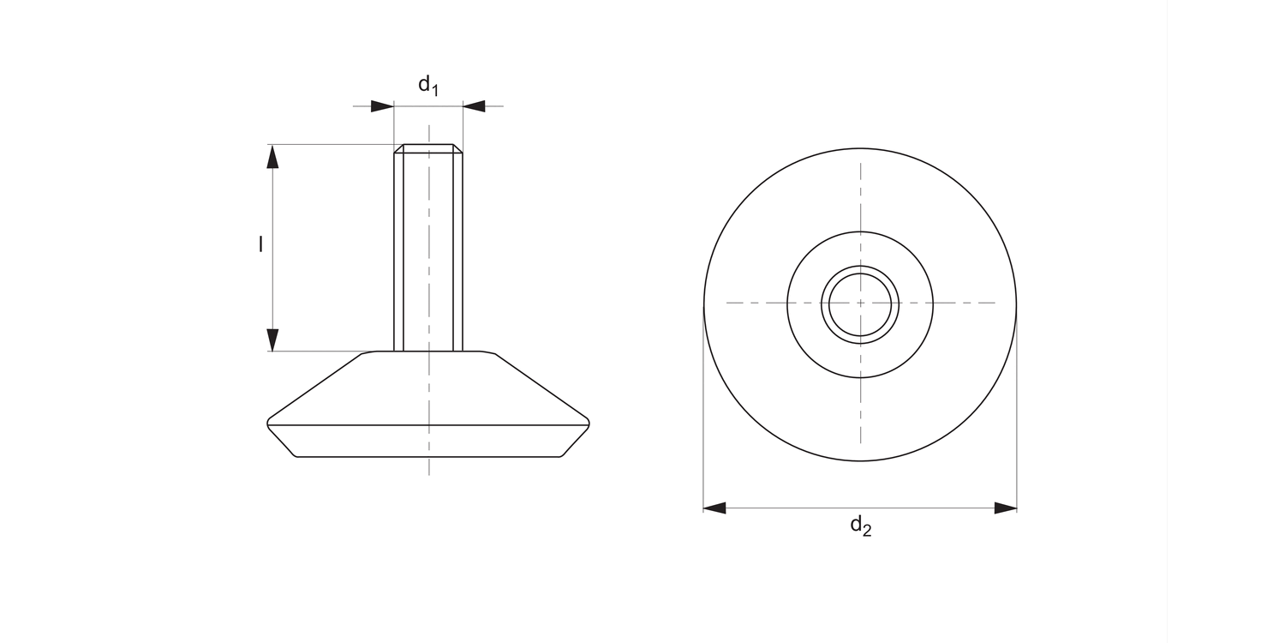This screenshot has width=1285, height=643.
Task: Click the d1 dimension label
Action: pos(428,86)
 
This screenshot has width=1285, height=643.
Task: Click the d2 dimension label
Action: pos(860,526)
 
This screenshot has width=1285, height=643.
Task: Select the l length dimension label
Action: pos(261,244)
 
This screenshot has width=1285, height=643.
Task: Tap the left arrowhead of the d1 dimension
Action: pos(382,106)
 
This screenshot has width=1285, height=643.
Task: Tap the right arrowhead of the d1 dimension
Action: pos(474,106)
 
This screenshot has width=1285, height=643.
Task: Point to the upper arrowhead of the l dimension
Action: pos(272,156)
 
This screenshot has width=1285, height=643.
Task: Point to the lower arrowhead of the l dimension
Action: pos(272,340)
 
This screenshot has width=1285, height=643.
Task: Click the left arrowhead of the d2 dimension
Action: pos(714,508)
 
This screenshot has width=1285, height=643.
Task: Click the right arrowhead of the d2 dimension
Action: pos(1006,508)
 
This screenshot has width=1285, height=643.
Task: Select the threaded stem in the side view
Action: pos(428,248)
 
